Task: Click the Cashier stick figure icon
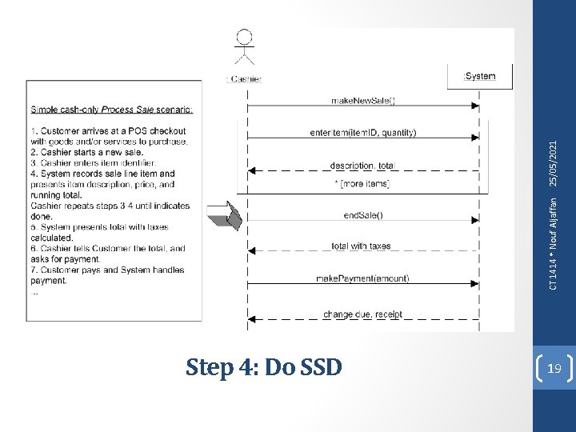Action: click(x=245, y=48)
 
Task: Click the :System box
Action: click(x=479, y=76)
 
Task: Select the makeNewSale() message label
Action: click(x=363, y=100)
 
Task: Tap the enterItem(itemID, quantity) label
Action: click(x=362, y=132)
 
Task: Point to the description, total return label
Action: click(x=362, y=166)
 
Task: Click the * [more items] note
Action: click(x=362, y=184)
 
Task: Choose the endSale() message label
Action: click(x=363, y=214)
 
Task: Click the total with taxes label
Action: click(x=362, y=246)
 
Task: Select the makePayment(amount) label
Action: click(x=362, y=278)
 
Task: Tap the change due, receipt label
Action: click(x=362, y=314)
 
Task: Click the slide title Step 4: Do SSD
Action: click(x=264, y=367)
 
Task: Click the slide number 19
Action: click(x=554, y=368)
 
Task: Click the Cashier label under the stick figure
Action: click(x=244, y=78)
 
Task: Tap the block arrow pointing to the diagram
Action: click(x=223, y=215)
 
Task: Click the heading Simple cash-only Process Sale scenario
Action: click(x=112, y=110)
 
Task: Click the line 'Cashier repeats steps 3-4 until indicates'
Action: click(x=110, y=206)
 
